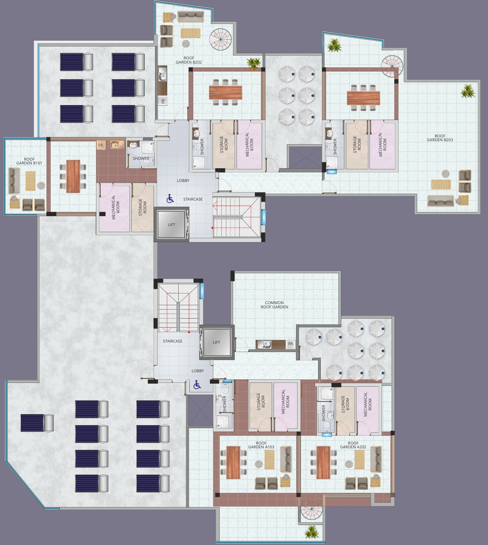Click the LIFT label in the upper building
[171, 225]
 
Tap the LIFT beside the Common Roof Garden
[216, 342]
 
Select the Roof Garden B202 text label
[189, 60]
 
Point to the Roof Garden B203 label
[440, 138]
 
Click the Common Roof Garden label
[274, 304]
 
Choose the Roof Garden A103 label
[261, 445]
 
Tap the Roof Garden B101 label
[29, 161]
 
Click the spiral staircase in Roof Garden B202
[220, 40]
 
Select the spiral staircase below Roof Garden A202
[311, 509]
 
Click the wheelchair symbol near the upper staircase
[170, 199]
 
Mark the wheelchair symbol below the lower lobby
[197, 385]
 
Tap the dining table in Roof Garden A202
[323, 462]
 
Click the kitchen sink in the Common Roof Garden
[267, 344]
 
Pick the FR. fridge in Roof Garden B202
[163, 101]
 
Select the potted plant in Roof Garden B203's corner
[467, 91]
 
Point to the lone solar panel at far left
[37, 423]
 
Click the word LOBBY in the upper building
[183, 180]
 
